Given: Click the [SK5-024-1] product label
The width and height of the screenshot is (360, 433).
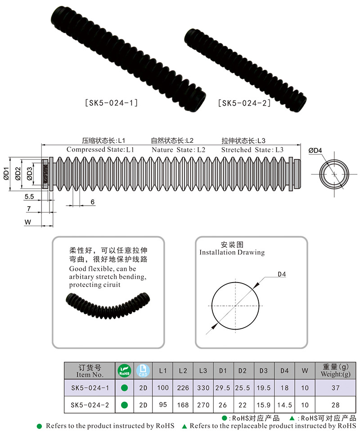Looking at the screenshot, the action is (111, 103).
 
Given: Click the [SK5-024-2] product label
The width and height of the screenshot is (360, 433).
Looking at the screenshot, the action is (244, 103).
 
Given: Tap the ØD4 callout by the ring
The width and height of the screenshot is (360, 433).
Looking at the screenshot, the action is (315, 151).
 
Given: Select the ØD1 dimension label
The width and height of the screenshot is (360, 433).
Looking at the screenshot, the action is (6, 174).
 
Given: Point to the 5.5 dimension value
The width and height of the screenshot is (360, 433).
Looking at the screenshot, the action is (29, 197).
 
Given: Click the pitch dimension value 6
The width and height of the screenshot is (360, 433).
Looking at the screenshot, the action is (92, 202).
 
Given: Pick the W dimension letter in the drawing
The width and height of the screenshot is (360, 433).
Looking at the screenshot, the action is (27, 222).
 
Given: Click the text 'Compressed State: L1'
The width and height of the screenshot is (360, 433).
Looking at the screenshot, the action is (100, 150).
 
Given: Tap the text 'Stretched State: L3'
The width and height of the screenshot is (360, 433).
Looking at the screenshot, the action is (252, 150).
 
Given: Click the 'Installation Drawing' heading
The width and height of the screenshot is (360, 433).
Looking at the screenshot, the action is (232, 252).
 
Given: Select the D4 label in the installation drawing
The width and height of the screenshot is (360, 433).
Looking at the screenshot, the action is (282, 274).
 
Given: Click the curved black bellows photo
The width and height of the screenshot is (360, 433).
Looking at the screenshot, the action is (108, 305).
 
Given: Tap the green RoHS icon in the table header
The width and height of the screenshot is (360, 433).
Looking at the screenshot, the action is (124, 371).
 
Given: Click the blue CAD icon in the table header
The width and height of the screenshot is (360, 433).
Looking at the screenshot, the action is (143, 371).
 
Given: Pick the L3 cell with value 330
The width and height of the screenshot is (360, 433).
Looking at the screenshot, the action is (203, 388).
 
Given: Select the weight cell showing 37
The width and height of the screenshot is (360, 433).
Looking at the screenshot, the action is (335, 388).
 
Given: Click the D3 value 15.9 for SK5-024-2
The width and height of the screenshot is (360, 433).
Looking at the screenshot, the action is (263, 405).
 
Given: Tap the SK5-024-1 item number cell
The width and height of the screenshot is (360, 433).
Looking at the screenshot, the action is (90, 388).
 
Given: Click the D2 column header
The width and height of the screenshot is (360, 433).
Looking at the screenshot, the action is (243, 371).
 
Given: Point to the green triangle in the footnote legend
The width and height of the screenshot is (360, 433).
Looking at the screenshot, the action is (292, 418).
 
